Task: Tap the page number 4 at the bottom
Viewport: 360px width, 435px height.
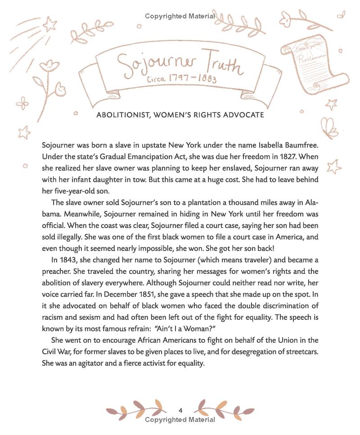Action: click(x=180, y=410)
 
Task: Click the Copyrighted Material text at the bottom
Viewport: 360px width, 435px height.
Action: click(x=180, y=420)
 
